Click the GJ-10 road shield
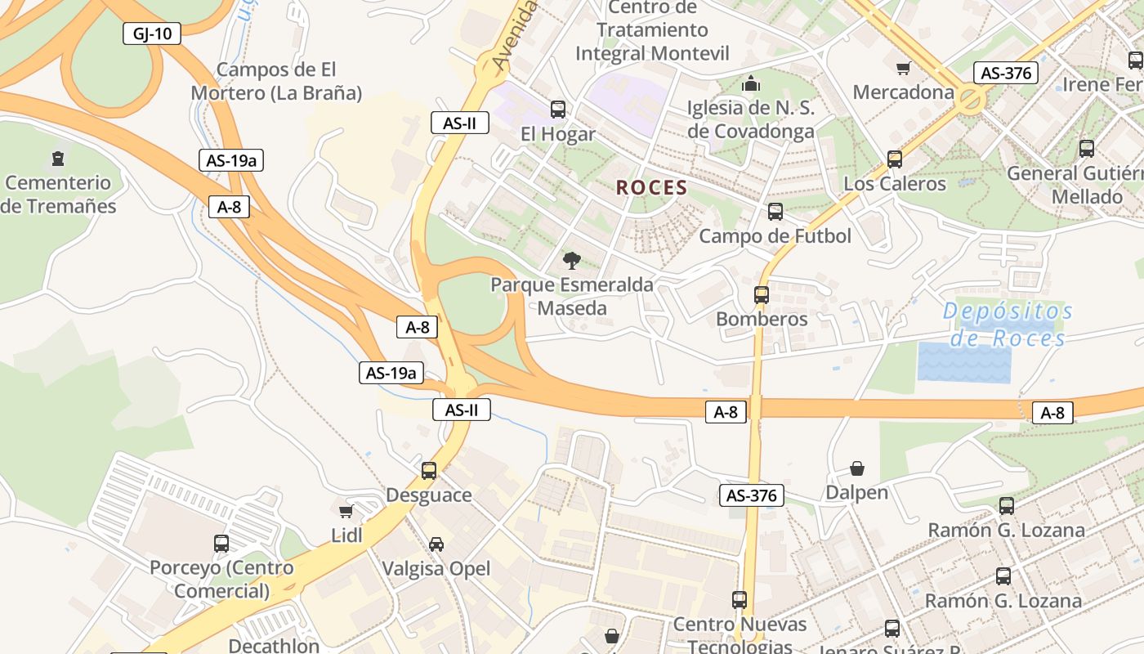tap(151, 34)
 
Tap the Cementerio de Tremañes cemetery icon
tap(57, 158)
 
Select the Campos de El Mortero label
tap(276, 81)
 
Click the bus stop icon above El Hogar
tap(558, 109)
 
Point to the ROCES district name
tap(651, 188)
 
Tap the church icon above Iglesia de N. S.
tap(750, 83)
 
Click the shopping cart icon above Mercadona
tap(903, 68)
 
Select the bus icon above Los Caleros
tap(895, 159)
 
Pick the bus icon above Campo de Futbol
tap(775, 212)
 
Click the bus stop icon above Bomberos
tap(762, 294)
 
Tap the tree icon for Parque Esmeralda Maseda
tap(572, 260)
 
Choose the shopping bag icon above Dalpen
tap(857, 468)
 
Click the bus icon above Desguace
tap(429, 470)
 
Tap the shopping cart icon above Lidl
tap(346, 511)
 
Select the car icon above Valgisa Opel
tap(436, 544)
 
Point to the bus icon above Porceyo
tap(221, 543)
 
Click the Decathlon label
tap(274, 646)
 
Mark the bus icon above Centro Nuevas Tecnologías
tap(740, 599)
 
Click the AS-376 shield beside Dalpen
tap(752, 495)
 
